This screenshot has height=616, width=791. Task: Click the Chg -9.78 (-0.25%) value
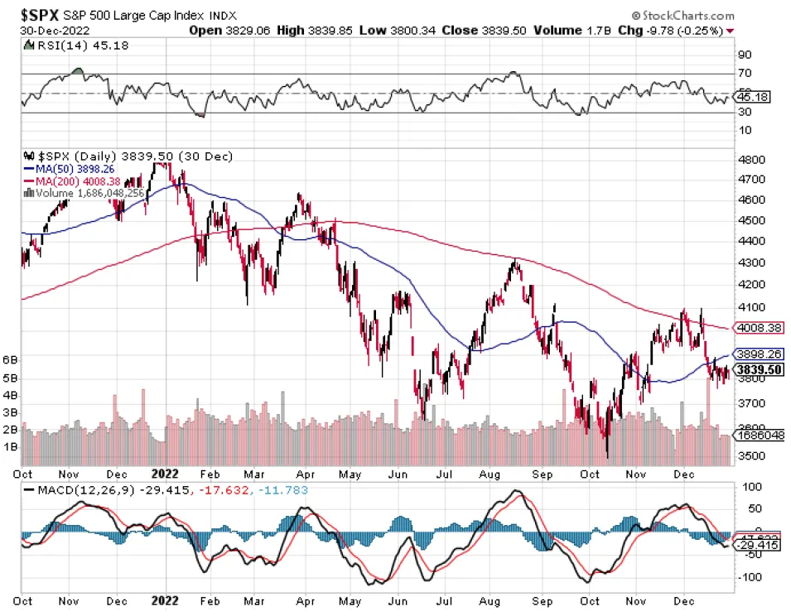coord(685,30)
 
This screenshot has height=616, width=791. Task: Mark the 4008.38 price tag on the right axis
coord(760,328)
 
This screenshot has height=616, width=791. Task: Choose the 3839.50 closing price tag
coord(760,369)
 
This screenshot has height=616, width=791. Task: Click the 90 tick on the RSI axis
coord(746,55)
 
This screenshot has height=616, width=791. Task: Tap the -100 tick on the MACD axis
coord(750,577)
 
